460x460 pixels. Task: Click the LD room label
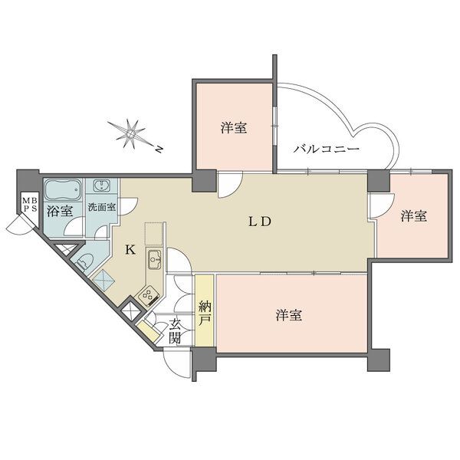pyautogui.click(x=260, y=222)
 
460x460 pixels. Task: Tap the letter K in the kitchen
pyautogui.click(x=130, y=250)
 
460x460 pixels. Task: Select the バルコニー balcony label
pyautogui.click(x=327, y=149)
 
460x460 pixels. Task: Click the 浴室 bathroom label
pyautogui.click(x=60, y=211)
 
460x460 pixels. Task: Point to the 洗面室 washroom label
pyautogui.click(x=102, y=208)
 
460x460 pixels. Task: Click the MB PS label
pyautogui.click(x=30, y=204)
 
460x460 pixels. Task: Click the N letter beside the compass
pyautogui.click(x=159, y=149)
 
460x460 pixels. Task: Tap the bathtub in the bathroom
pyautogui.click(x=63, y=190)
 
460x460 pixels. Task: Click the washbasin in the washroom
pyautogui.click(x=101, y=186)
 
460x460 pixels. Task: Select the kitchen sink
pyautogui.click(x=154, y=259)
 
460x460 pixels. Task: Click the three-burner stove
pyautogui.click(x=149, y=296)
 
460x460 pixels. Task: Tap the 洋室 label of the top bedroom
pyautogui.click(x=234, y=128)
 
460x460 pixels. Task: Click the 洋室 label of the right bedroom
pyautogui.click(x=414, y=216)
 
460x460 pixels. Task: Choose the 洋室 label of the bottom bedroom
pyautogui.click(x=289, y=315)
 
